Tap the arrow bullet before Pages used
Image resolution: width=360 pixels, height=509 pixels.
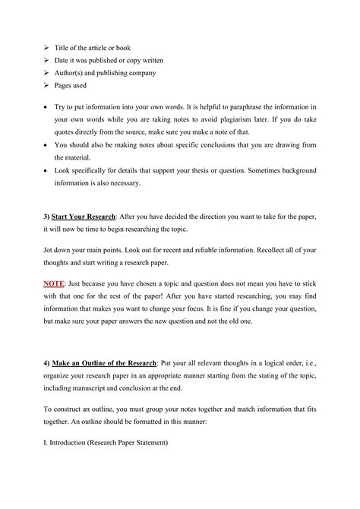pos(46,87)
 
